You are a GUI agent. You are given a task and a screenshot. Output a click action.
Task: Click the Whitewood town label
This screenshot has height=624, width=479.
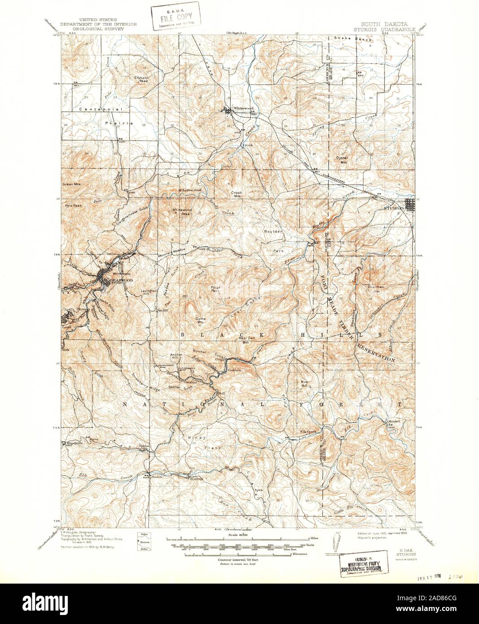[243, 109]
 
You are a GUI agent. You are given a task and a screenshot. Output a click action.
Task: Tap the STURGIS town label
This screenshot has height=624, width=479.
[393, 208]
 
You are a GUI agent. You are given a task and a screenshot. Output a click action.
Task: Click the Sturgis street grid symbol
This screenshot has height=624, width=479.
[411, 205]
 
